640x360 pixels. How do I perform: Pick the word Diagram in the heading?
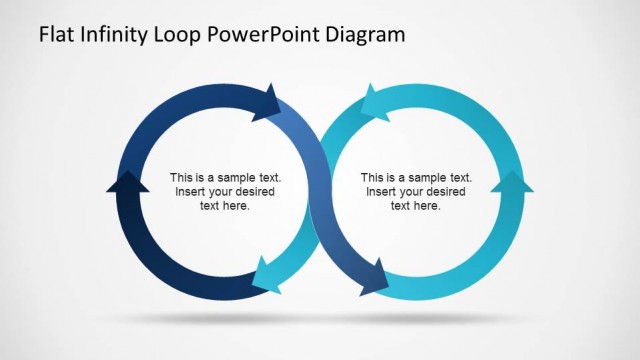[x=369, y=35]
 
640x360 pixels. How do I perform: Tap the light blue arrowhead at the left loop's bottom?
[x=265, y=272]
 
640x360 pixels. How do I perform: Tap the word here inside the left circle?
[x=238, y=205]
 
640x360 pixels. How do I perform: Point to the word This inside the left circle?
[x=181, y=177]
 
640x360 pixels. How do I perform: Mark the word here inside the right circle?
[x=428, y=205]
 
